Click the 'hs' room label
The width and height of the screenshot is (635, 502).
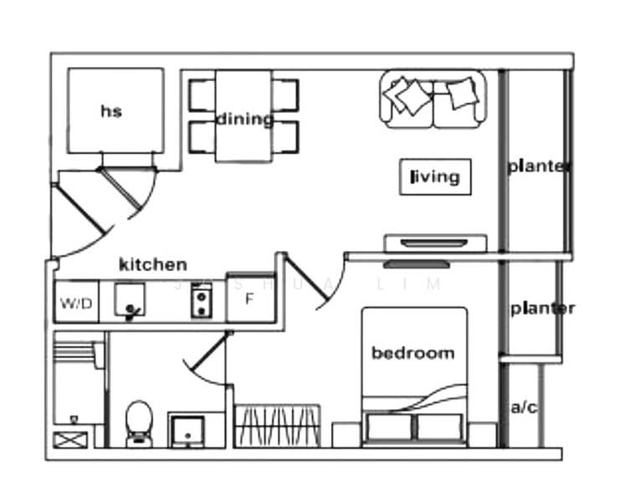[111, 111]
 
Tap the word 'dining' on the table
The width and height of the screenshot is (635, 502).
[245, 120]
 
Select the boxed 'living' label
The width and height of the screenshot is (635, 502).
[435, 177]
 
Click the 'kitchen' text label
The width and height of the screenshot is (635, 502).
[153, 264]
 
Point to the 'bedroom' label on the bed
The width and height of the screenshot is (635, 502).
[413, 353]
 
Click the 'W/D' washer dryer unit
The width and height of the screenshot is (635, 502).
[76, 302]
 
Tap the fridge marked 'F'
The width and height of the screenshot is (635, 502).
[251, 299]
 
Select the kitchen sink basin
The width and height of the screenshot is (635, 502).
[129, 300]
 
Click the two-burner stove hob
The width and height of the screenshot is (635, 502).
[202, 300]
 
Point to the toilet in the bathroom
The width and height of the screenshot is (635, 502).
[139, 424]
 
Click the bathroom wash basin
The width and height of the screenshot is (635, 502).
[187, 431]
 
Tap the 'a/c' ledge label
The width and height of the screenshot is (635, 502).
[523, 407]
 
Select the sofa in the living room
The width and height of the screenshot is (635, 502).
[433, 100]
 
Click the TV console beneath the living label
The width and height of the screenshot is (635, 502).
[435, 243]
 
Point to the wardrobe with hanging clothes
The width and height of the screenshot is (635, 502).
[278, 426]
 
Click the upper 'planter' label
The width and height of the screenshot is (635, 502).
[539, 166]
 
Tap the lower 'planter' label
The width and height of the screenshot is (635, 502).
[542, 309]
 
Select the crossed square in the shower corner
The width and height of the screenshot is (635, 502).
[70, 440]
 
